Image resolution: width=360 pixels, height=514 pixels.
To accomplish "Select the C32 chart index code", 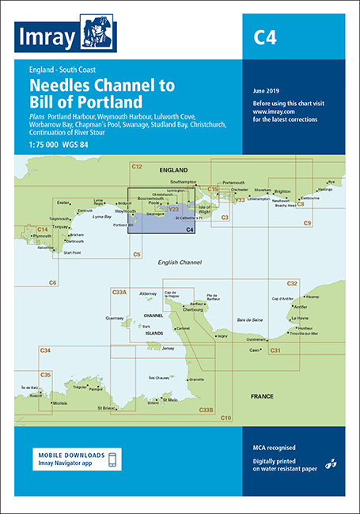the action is click(292, 283).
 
